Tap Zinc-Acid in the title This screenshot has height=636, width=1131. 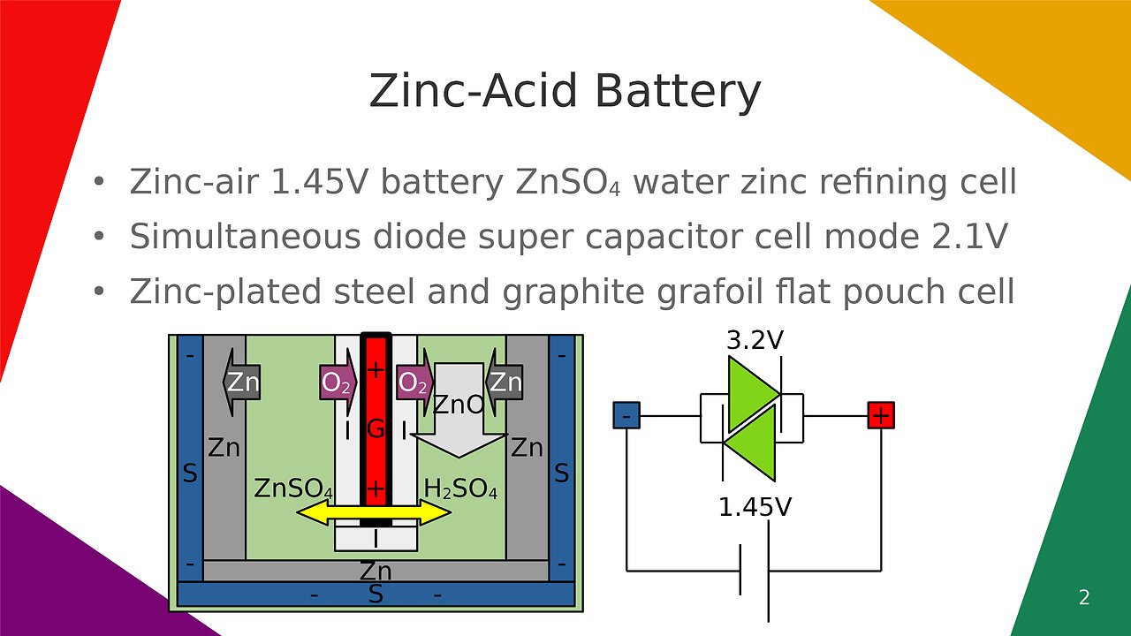pyautogui.click(x=473, y=92)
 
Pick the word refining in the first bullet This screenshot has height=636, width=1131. pyautogui.click(x=841, y=182)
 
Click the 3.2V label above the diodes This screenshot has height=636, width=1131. pyautogui.click(x=754, y=340)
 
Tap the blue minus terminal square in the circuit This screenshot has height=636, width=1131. pyautogui.click(x=626, y=415)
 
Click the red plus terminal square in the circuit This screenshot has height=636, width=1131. pyautogui.click(x=881, y=415)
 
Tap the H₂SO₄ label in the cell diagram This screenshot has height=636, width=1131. pyautogui.click(x=460, y=488)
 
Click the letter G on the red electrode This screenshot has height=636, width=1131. pyautogui.click(x=376, y=430)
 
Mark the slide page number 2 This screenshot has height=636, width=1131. pyautogui.click(x=1084, y=598)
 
